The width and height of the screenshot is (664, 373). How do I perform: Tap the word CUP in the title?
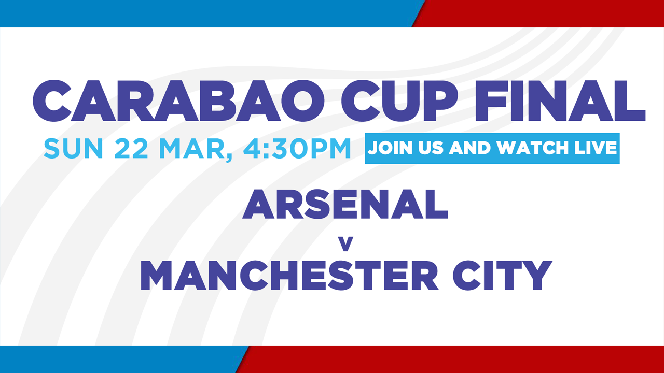pyautogui.click(x=399, y=101)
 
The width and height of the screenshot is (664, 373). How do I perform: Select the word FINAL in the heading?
pyautogui.click(x=560, y=101)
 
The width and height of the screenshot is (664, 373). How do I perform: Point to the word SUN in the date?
pyautogui.click(x=73, y=148)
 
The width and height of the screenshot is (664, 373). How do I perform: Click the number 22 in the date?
pyautogui.click(x=131, y=148)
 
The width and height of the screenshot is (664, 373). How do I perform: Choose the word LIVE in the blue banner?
pyautogui.click(x=596, y=148)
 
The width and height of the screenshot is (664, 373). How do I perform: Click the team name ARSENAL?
pyautogui.click(x=345, y=204)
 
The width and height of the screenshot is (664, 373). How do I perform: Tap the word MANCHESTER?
pyautogui.click(x=289, y=275)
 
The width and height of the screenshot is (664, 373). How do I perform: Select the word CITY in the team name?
pyautogui.click(x=503, y=275)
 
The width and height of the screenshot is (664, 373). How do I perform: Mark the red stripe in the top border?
pyautogui.click(x=539, y=13)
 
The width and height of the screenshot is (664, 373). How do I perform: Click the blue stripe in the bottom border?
pyautogui.click(x=121, y=359)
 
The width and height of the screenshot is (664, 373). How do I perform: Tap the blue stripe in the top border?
pyautogui.click(x=208, y=13)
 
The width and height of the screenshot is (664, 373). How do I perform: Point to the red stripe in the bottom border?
pyautogui.click(x=453, y=359)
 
